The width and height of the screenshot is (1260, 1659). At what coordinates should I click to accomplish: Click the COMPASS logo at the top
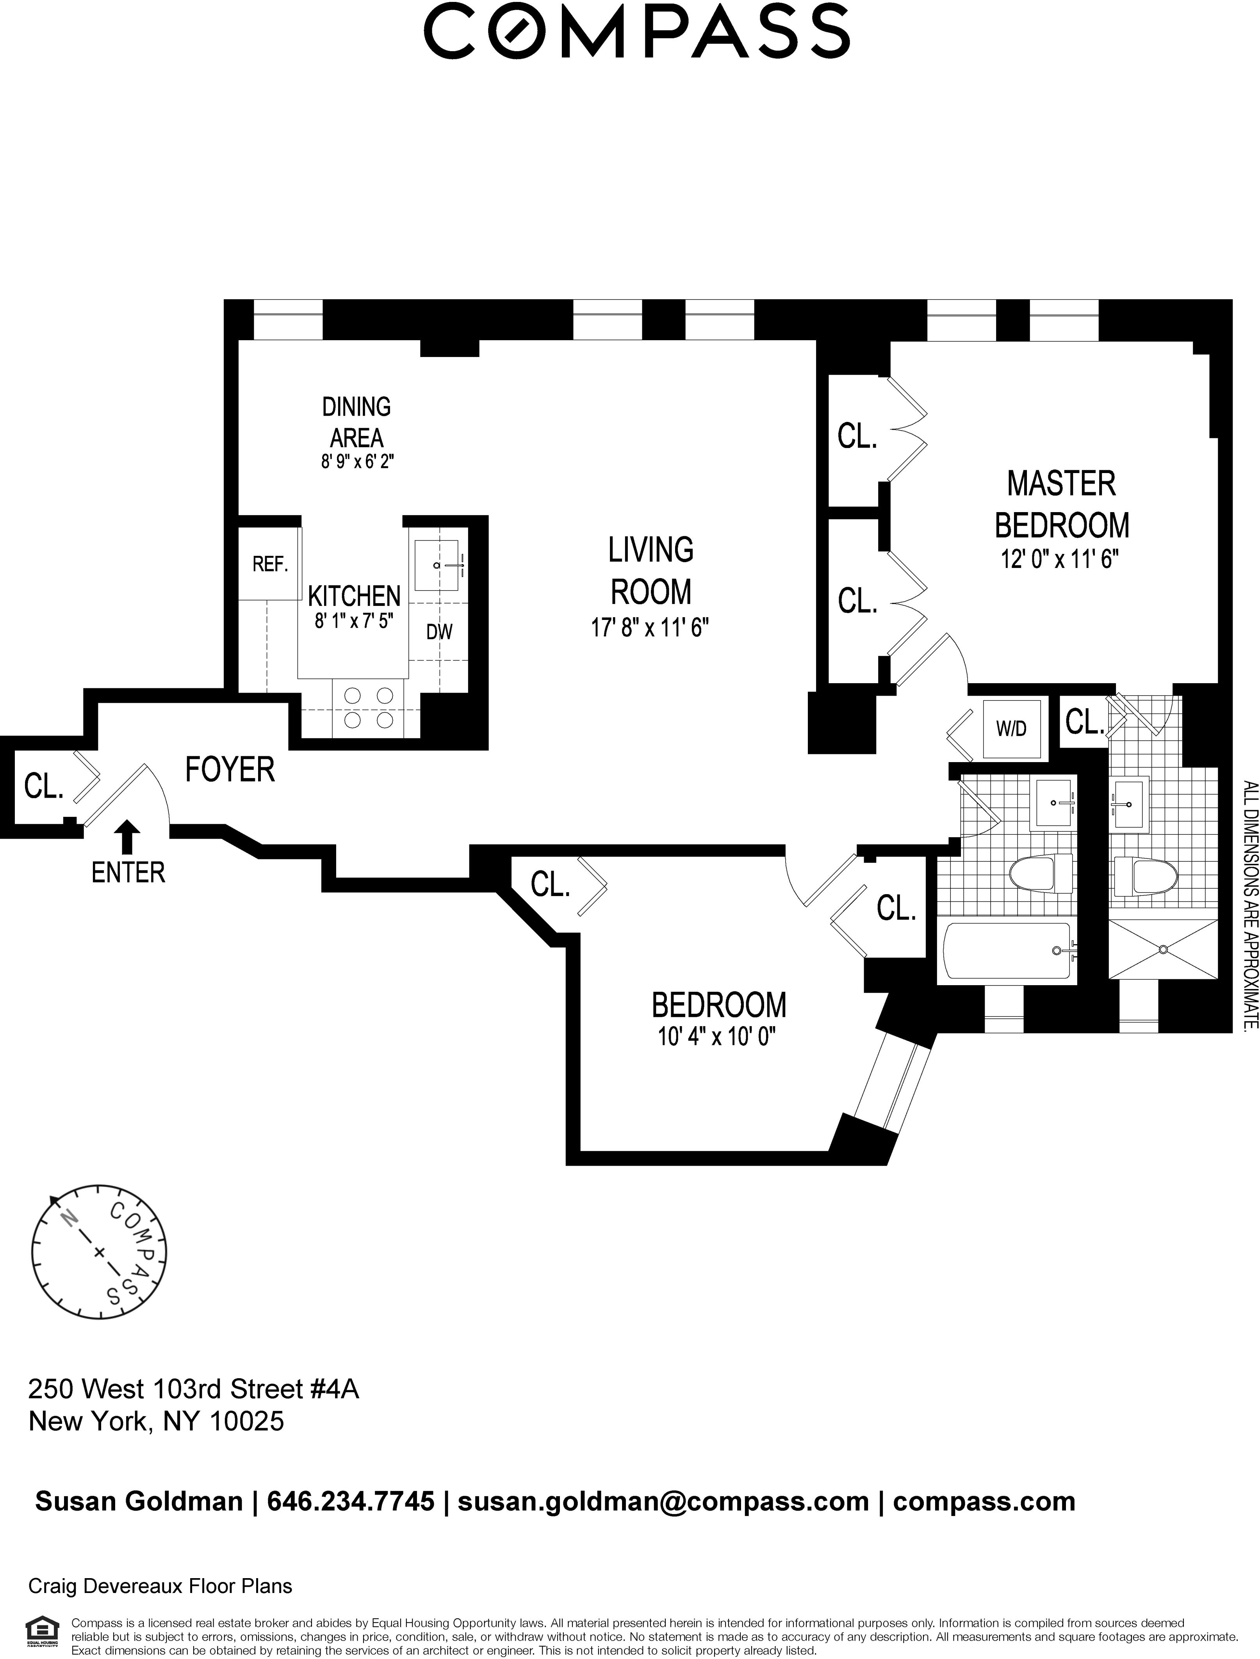click(x=636, y=32)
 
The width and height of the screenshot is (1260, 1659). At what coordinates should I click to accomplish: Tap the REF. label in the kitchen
click(x=270, y=564)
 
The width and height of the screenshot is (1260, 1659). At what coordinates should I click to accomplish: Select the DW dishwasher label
click(x=440, y=632)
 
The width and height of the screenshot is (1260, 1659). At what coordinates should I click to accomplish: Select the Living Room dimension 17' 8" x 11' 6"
click(x=649, y=627)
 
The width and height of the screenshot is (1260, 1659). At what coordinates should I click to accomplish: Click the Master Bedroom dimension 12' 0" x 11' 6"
click(x=1060, y=560)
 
